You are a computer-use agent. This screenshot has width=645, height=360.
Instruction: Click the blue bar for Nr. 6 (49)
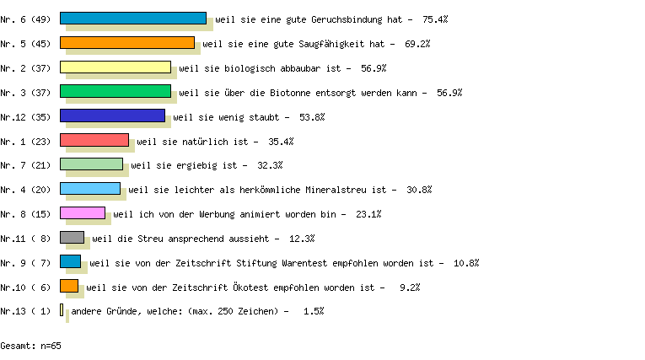coord(133,18)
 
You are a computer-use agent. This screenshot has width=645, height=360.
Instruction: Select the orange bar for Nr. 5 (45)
coord(127,43)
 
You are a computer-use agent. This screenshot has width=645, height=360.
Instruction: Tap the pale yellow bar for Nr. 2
coord(116,67)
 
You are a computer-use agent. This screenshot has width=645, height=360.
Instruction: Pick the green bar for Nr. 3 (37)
coord(116,91)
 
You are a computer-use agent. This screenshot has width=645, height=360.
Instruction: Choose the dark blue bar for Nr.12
coord(113,116)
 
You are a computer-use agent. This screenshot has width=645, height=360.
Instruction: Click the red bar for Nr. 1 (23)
coord(94,140)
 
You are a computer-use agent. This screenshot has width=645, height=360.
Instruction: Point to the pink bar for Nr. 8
coord(83,212)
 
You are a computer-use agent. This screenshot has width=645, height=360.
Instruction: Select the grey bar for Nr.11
coord(72,238)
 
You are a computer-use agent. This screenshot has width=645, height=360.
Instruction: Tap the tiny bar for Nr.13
coord(62,309)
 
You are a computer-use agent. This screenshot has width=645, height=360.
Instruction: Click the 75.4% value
coord(435,19)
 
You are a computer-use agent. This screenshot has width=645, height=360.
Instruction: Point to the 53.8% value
coord(312,117)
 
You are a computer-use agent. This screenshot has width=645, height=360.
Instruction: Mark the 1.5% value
coord(314,311)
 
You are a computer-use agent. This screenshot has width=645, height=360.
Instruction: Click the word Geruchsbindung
coord(347,19)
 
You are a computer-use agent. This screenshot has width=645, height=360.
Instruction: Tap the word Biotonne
coord(290,93)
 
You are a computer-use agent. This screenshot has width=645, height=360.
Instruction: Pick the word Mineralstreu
coord(336,190)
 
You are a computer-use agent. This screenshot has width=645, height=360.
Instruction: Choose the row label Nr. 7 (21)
coord(25,165)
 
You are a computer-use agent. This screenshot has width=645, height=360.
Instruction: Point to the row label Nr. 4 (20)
coord(25,190)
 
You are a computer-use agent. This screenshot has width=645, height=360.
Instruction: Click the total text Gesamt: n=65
coord(30,346)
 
